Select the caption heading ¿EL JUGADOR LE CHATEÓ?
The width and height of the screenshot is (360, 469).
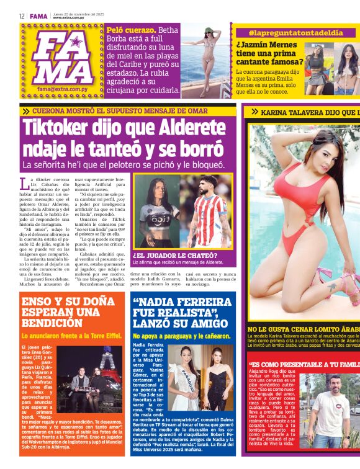click(174, 255)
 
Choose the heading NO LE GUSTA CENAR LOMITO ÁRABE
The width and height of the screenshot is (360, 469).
click(304, 330)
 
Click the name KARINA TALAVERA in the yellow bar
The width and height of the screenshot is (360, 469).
click(298, 112)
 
